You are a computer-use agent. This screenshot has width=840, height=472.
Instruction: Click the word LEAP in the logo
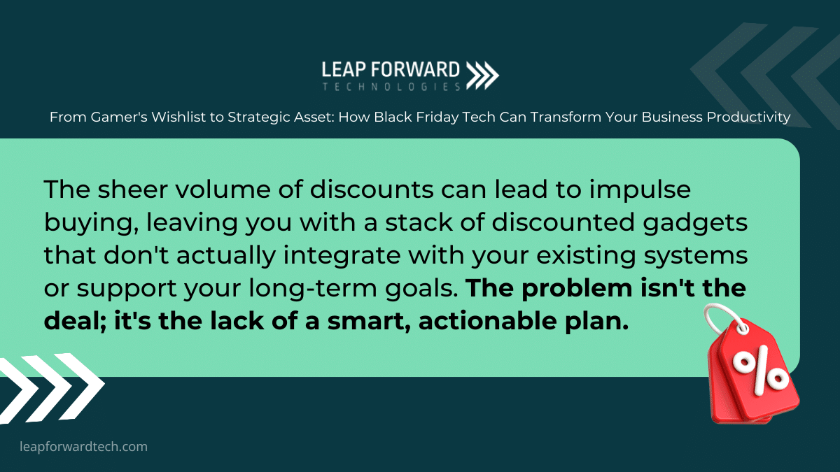344,70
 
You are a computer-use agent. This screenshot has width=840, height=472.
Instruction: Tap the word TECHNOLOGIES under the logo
391,87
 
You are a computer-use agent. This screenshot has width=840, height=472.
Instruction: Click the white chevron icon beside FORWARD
482,76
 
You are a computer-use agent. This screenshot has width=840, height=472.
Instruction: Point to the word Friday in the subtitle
437,117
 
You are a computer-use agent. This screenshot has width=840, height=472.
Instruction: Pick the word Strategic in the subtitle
259,117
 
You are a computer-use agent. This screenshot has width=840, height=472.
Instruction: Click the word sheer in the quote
133,189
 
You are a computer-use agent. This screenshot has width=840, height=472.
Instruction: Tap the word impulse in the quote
640,190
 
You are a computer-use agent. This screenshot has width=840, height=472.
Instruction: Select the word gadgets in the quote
695,223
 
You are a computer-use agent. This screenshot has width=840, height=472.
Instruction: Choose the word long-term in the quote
313,288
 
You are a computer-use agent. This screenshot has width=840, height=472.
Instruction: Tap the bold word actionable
487,321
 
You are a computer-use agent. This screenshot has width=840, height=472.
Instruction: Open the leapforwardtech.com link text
83,447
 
